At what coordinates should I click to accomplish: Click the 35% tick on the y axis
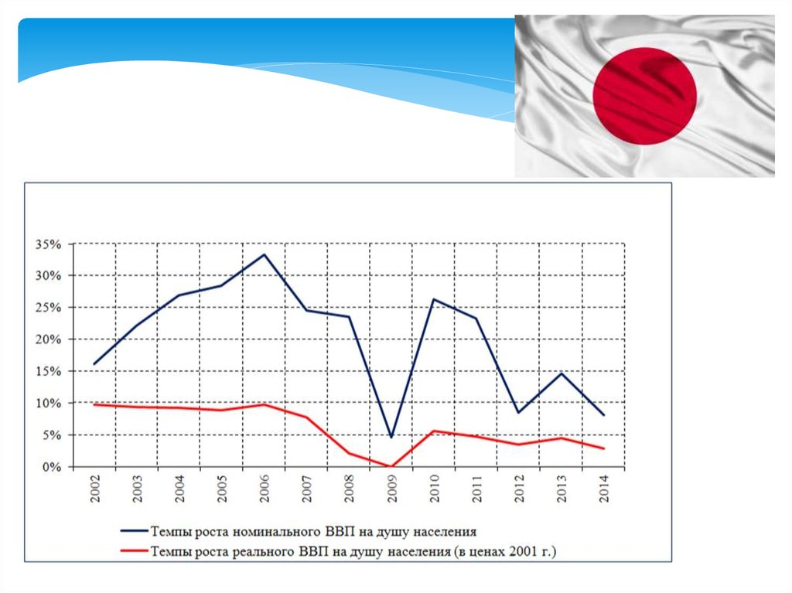(x=47, y=244)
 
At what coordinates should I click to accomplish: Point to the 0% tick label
(x=50, y=468)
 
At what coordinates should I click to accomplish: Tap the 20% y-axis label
(x=47, y=340)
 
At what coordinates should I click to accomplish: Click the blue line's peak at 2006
(x=265, y=254)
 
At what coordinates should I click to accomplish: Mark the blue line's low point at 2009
(x=391, y=438)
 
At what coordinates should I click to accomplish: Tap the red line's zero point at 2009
(x=391, y=466)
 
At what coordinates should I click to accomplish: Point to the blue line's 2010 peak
(x=434, y=299)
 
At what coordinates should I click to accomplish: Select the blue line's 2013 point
(x=561, y=373)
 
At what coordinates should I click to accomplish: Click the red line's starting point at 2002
(x=95, y=404)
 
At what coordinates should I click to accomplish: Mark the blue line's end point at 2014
(x=604, y=415)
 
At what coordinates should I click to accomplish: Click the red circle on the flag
(x=644, y=96)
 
